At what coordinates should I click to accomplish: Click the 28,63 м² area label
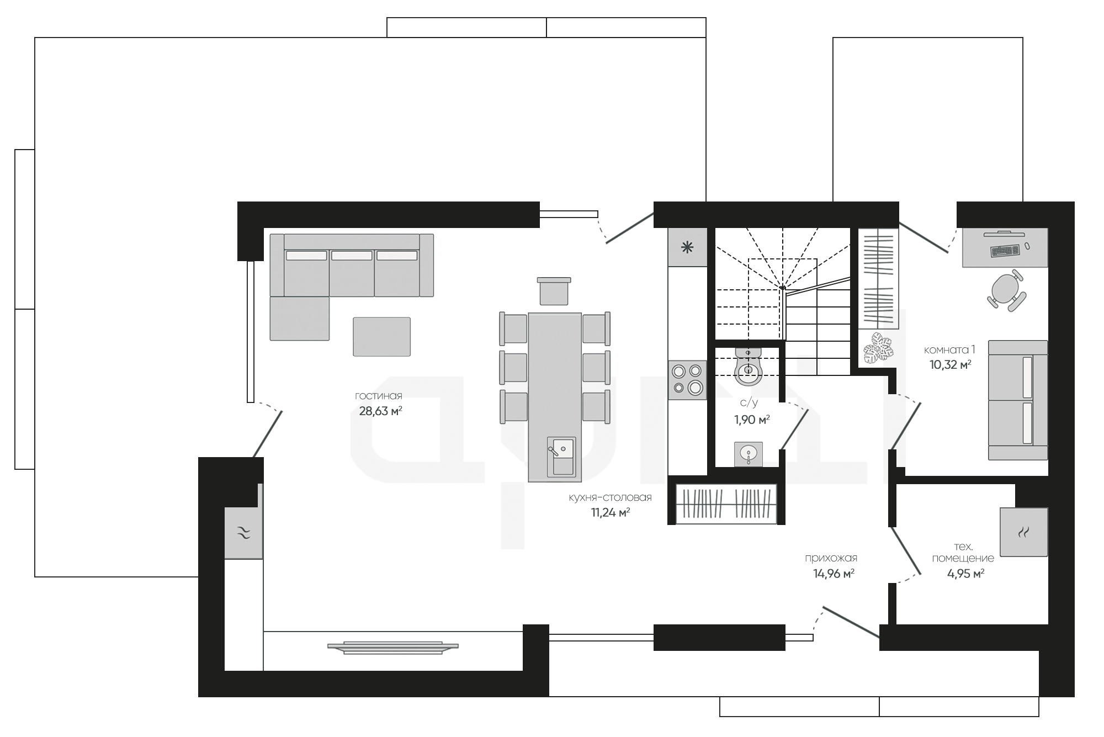(380, 411)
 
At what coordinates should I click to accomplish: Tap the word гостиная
(379, 396)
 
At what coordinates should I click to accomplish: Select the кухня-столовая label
(610, 497)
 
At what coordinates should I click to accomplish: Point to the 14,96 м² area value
(834, 574)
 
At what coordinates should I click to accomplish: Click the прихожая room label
(831, 559)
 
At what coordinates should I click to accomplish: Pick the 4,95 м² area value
(965, 574)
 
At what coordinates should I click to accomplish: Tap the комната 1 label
(949, 349)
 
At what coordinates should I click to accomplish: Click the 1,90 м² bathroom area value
(752, 420)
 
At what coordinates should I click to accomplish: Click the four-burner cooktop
(687, 380)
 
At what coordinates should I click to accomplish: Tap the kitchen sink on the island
(561, 456)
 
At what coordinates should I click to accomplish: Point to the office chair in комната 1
(1006, 290)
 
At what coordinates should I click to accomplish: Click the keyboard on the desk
(1005, 251)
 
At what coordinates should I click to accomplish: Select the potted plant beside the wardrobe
(878, 348)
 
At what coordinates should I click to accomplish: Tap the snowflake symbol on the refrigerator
(687, 247)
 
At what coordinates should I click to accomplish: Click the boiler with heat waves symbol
(1023, 532)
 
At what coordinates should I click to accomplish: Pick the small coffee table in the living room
(381, 336)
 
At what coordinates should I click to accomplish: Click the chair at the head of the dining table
(554, 291)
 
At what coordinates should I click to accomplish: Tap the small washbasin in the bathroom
(749, 454)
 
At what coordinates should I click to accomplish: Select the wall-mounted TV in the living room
(392, 647)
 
